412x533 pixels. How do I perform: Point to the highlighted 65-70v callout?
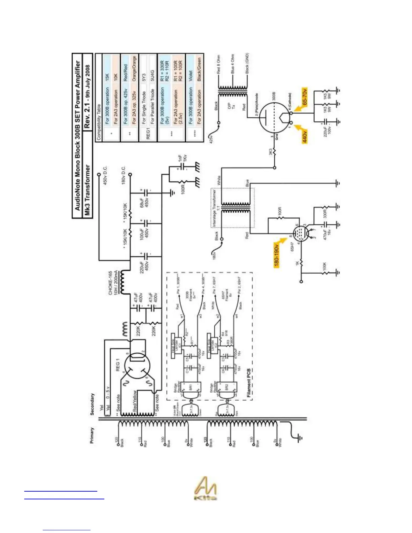pos(304,97)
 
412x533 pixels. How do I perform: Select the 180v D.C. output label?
pos(124,175)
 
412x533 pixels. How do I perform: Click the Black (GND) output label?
pos(247,63)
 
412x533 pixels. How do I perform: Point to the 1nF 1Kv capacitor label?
pos(182,161)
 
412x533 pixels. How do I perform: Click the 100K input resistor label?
pos(324,267)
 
